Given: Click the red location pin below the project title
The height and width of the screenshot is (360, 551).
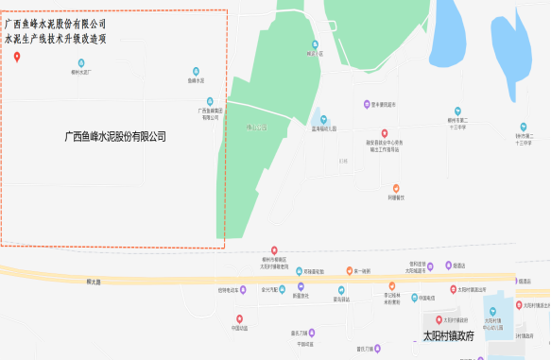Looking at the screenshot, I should point(18,57).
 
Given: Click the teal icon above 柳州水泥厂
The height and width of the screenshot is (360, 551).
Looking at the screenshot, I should point(80,62).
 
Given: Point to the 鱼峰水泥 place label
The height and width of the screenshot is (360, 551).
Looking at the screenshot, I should point(197,81).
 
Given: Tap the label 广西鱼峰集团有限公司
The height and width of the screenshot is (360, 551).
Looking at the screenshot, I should point(210,113).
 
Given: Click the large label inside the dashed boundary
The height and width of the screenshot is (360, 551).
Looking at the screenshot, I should point(114,137).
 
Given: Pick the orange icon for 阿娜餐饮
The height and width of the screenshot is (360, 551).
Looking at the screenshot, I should point(396,188).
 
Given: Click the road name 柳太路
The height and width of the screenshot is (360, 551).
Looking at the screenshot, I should point(93,281).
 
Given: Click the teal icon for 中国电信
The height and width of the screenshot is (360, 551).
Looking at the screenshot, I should point(239,317).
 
